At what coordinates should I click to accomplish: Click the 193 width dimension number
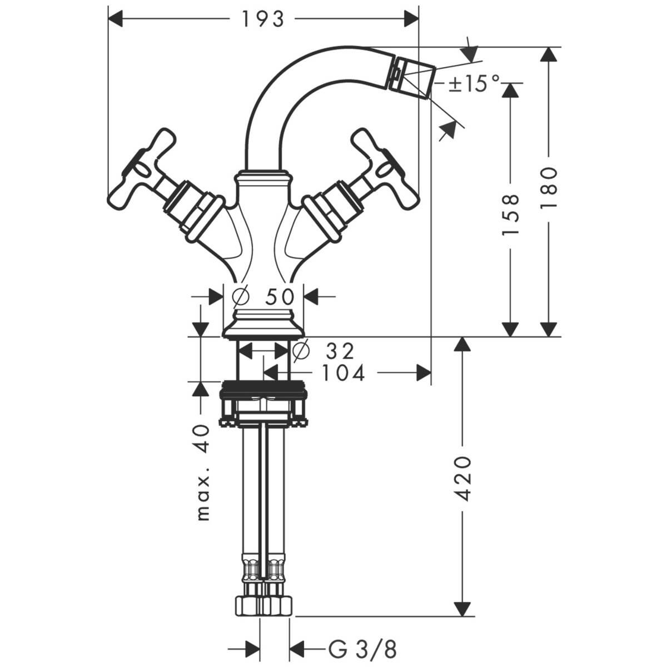click(x=262, y=19)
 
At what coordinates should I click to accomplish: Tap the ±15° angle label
click(x=474, y=84)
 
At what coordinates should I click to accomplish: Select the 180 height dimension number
click(x=549, y=188)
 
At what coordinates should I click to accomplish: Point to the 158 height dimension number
click(x=511, y=215)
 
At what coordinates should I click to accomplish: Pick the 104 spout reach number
click(x=344, y=374)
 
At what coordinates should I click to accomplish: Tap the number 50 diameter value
click(x=279, y=297)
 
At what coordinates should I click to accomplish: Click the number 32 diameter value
click(x=340, y=351)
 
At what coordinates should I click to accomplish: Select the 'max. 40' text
click(x=204, y=473)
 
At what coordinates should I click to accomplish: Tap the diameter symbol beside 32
click(x=300, y=351)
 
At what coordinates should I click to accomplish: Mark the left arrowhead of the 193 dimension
click(x=115, y=19)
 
